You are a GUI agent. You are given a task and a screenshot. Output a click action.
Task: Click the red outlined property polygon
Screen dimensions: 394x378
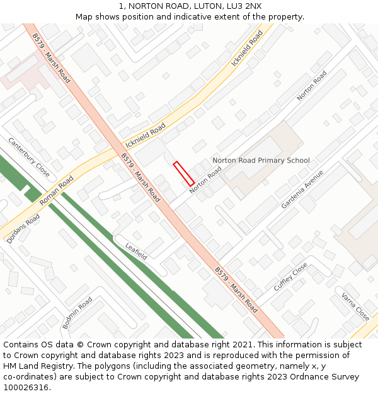183,173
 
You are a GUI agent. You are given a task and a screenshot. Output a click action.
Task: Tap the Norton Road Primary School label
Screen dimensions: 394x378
261,161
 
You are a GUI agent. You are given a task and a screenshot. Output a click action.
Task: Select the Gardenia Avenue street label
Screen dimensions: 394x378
302,189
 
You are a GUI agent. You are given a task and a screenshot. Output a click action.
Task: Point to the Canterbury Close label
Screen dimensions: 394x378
29,157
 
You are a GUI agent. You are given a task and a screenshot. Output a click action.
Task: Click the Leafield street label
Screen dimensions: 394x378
136,252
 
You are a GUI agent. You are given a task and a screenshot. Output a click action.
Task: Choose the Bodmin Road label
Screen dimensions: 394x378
77,313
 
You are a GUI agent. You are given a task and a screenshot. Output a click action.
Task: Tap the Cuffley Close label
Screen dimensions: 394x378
290,277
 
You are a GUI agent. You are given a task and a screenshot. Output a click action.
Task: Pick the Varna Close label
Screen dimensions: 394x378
355,306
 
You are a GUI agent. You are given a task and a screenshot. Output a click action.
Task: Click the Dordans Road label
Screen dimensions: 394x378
23,229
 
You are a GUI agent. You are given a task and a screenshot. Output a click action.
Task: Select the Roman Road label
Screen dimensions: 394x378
57,191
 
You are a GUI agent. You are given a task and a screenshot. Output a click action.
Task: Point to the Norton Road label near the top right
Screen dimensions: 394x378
312,85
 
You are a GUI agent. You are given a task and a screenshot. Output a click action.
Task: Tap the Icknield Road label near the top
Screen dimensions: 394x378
247,48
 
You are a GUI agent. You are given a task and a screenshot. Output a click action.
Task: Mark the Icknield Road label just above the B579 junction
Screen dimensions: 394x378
146,135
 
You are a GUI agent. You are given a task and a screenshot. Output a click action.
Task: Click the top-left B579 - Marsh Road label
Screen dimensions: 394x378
52,59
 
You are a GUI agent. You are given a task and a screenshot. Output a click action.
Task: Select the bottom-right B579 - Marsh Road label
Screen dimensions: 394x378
236,290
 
